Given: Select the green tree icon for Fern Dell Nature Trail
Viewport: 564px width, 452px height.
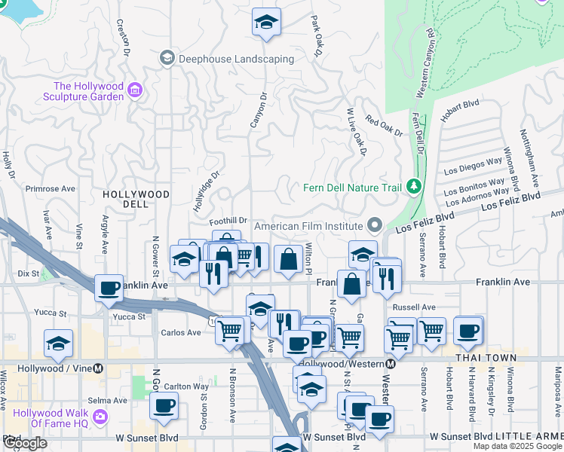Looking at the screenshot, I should click(412, 185).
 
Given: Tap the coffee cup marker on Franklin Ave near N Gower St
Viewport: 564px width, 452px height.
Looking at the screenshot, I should click(109, 287).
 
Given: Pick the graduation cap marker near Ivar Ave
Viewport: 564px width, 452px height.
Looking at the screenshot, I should click(58, 343).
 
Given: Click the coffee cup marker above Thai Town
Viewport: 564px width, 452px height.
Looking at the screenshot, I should click(468, 328).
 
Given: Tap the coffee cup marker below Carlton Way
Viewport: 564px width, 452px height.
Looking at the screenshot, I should click(164, 406).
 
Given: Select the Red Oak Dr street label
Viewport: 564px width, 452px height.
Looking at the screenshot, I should click(384, 125).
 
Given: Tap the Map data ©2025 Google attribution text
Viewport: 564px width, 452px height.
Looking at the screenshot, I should click(516, 446).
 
